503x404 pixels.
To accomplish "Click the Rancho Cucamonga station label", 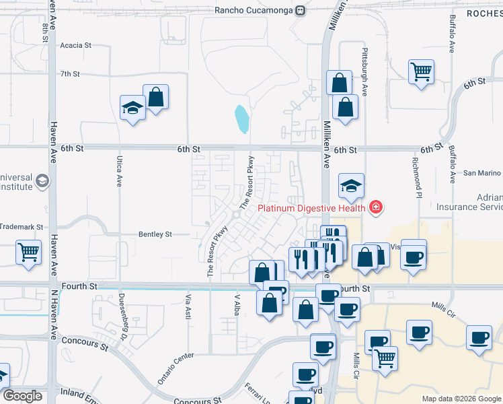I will pos(256,10).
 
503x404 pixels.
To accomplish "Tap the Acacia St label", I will pos(75,45).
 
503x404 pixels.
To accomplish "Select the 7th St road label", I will pos(70,74).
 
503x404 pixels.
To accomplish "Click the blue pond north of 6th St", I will pos(241,119).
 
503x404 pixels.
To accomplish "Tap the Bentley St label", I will pos(155,234).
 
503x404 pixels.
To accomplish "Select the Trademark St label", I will pos(22,228).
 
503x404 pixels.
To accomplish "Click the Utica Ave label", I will pos(118,172).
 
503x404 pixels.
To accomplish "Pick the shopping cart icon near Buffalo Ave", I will pos(421,70).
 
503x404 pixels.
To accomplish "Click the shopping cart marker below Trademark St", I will pos(28,252).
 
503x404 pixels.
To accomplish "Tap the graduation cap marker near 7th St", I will pos(132,107).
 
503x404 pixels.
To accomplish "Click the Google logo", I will pos(22,396).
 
